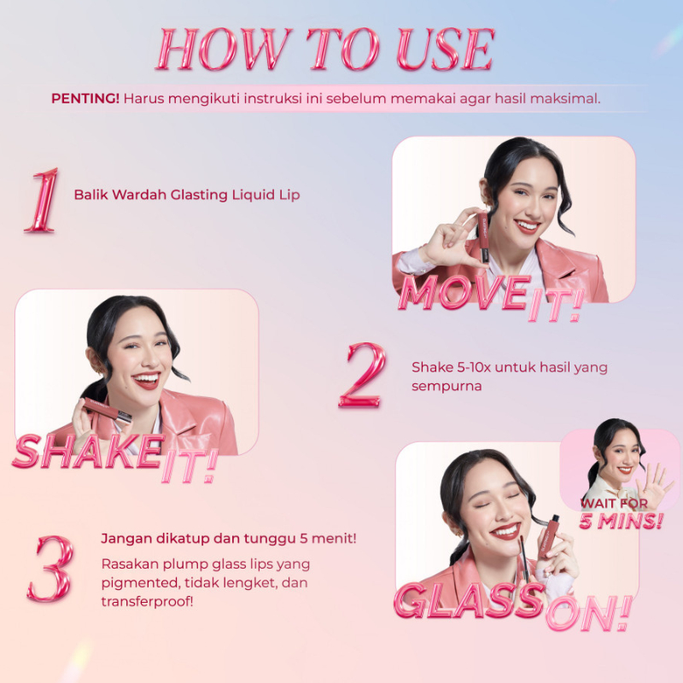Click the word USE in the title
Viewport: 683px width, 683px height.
pyautogui.click(x=446, y=49)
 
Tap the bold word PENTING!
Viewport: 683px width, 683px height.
pyautogui.click(x=85, y=98)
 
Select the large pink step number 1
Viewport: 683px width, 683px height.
pyautogui.click(x=43, y=200)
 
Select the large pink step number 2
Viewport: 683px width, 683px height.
pyautogui.click(x=362, y=375)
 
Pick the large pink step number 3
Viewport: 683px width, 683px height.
pyautogui.click(x=50, y=568)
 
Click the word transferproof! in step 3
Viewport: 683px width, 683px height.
pyautogui.click(x=147, y=602)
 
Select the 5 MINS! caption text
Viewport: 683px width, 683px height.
pyautogui.click(x=622, y=521)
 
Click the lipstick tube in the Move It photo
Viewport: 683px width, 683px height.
pyautogui.click(x=482, y=237)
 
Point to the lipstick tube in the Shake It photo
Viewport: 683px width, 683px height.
pyautogui.click(x=108, y=410)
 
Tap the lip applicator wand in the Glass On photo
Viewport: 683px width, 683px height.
pyautogui.click(x=524, y=558)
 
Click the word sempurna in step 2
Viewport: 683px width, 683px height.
pyautogui.click(x=447, y=387)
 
